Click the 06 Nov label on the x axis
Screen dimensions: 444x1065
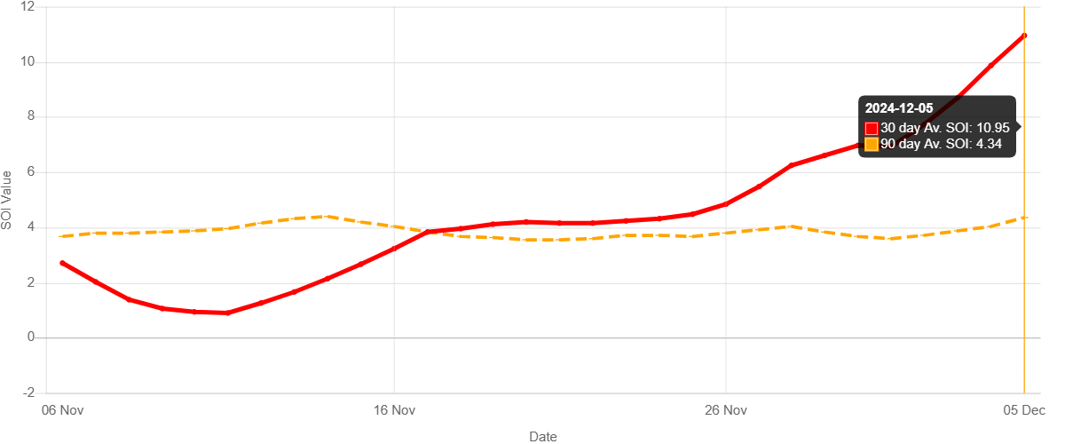pyautogui.click(x=62, y=410)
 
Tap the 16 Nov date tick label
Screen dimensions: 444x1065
pyautogui.click(x=394, y=410)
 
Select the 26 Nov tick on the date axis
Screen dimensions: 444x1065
pyautogui.click(x=726, y=410)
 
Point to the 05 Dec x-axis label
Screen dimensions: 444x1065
pyautogui.click(x=1024, y=410)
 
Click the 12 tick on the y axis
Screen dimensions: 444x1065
pyautogui.click(x=28, y=6)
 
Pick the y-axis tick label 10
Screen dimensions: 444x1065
pyautogui.click(x=28, y=61)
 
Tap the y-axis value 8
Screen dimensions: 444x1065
pyautogui.click(x=31, y=116)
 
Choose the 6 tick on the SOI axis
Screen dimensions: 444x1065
pyautogui.click(x=31, y=171)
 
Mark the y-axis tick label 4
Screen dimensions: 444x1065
pyautogui.click(x=31, y=226)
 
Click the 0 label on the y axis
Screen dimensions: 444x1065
pyautogui.click(x=31, y=337)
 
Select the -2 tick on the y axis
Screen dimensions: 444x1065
pyautogui.click(x=28, y=392)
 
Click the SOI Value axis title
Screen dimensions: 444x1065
pyautogui.click(x=7, y=200)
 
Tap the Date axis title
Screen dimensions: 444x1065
pyautogui.click(x=543, y=436)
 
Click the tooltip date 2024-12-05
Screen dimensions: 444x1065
pyautogui.click(x=899, y=108)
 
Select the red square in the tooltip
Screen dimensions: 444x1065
pyautogui.click(x=872, y=129)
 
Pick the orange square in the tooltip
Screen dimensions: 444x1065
pyautogui.click(x=872, y=144)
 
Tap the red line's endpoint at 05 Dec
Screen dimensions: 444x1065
pyautogui.click(x=1024, y=36)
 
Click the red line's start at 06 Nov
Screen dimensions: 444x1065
pyautogui.click(x=62, y=263)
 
